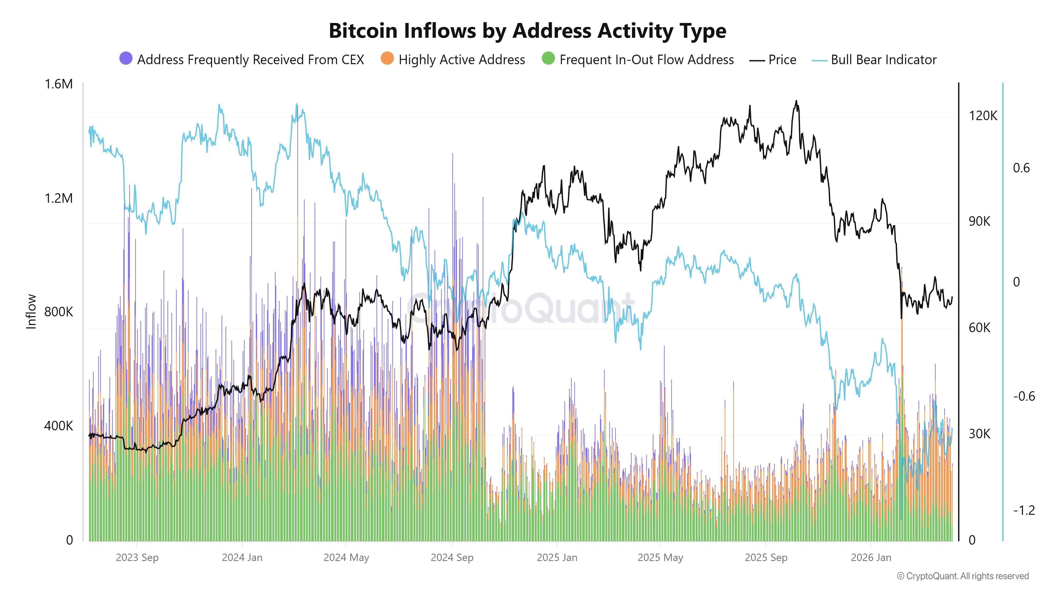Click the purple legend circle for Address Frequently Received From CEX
[126, 59]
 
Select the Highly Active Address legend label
[462, 60]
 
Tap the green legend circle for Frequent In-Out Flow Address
[548, 59]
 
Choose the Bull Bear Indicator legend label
[883, 60]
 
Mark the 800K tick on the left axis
[59, 312]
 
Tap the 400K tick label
[59, 426]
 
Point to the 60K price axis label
[979, 328]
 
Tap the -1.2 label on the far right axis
[1023, 510]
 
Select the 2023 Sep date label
[137, 558]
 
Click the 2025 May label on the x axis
[660, 558]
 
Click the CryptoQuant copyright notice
[962, 576]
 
